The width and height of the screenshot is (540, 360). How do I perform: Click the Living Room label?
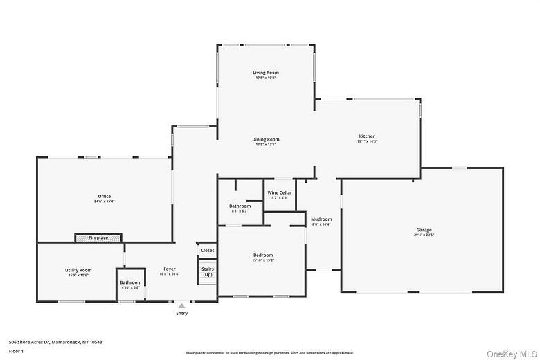click(x=265, y=73)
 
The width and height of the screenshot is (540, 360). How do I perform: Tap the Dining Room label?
click(x=265, y=140)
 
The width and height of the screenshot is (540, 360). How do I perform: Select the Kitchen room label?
click(x=367, y=136)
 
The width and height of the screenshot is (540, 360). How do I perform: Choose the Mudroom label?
click(x=321, y=219)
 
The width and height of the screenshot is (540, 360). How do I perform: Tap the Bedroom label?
click(x=262, y=255)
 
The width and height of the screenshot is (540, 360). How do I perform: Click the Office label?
click(x=104, y=197)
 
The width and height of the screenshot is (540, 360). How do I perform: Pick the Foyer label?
click(x=170, y=269)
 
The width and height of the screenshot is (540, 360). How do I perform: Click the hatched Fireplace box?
click(x=98, y=237)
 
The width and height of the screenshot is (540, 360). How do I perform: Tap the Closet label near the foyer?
click(x=208, y=250)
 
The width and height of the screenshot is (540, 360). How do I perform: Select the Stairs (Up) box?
click(x=208, y=271)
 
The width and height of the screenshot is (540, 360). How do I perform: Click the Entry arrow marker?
click(x=181, y=305)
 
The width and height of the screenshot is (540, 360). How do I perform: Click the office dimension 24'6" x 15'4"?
click(x=104, y=201)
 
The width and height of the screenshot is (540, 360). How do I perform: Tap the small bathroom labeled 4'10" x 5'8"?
click(x=131, y=285)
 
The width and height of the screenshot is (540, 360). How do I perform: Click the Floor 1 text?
click(x=16, y=351)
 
